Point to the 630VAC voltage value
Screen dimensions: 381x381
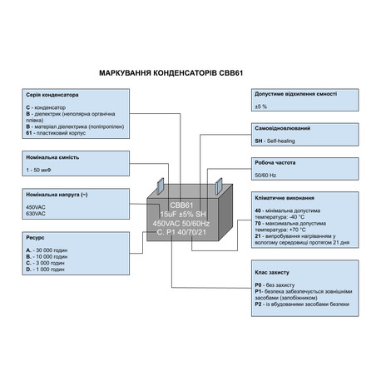point(37,213)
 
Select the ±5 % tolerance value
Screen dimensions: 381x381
point(260,107)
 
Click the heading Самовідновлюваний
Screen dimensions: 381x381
point(283,129)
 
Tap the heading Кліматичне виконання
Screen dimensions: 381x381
point(284,199)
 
